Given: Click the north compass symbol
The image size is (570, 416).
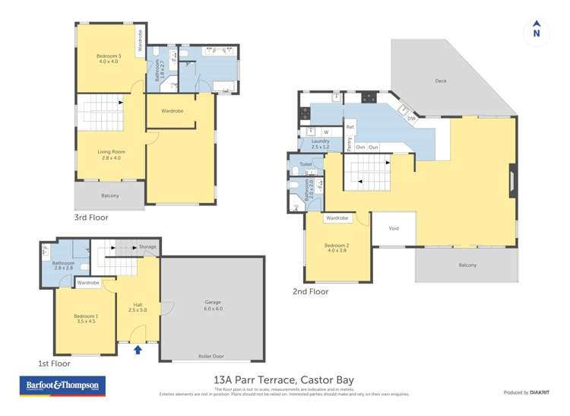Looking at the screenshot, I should (537, 30).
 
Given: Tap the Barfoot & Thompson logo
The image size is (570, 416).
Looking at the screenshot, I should (62, 386).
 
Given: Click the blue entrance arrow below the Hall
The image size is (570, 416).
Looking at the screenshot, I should (138, 350).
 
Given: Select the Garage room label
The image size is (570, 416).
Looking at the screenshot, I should (213, 305).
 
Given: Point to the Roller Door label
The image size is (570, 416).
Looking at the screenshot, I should (213, 355).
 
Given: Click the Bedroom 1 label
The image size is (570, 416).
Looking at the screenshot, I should (86, 319).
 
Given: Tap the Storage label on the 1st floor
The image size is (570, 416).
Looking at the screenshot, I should (147, 247).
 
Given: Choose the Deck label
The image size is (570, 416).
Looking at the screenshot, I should (441, 80).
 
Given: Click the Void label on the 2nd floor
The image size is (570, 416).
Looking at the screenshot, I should (394, 227).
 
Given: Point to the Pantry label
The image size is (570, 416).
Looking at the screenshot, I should (349, 144).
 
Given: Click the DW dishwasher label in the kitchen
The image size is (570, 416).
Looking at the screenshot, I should (411, 119).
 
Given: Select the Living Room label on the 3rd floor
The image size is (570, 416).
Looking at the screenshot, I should (111, 154).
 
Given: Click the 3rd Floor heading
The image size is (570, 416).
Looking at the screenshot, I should (91, 218).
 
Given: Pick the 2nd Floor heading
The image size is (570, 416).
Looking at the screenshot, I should (310, 291).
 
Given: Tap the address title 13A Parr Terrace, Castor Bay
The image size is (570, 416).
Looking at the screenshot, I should (284, 379).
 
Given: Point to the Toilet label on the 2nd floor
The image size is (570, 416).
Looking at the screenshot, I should (306, 164).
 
